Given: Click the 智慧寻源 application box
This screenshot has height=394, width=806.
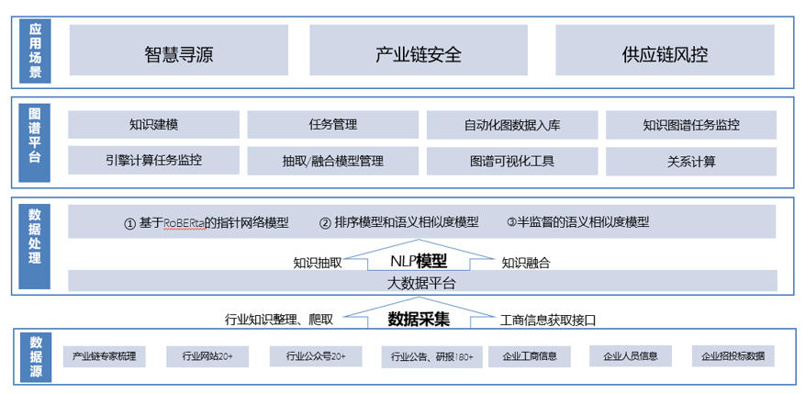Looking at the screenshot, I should (x=178, y=52).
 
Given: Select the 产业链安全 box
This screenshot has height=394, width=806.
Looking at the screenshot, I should (x=419, y=52).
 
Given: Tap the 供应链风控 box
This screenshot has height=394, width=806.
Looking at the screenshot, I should (x=665, y=52).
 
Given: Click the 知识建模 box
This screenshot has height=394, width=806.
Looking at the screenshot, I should (x=153, y=125).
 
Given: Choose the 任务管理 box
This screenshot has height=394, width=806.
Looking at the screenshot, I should (x=332, y=125).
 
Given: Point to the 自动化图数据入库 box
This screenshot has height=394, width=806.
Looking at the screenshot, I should (x=512, y=125).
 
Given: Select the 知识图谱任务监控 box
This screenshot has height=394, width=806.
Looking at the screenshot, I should (x=690, y=125).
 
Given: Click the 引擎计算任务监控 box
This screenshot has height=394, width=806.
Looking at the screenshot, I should (x=153, y=161).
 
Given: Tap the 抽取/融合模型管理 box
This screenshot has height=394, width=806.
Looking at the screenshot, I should (x=332, y=161).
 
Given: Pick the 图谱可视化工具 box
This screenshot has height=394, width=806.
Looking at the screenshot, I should (x=512, y=161).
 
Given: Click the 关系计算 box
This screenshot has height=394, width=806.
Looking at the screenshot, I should (x=690, y=161).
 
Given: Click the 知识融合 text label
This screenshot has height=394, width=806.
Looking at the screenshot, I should (x=526, y=263).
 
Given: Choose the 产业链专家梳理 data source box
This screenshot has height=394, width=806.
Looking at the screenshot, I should (x=104, y=356).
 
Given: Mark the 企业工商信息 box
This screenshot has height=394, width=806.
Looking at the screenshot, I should (x=530, y=356).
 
